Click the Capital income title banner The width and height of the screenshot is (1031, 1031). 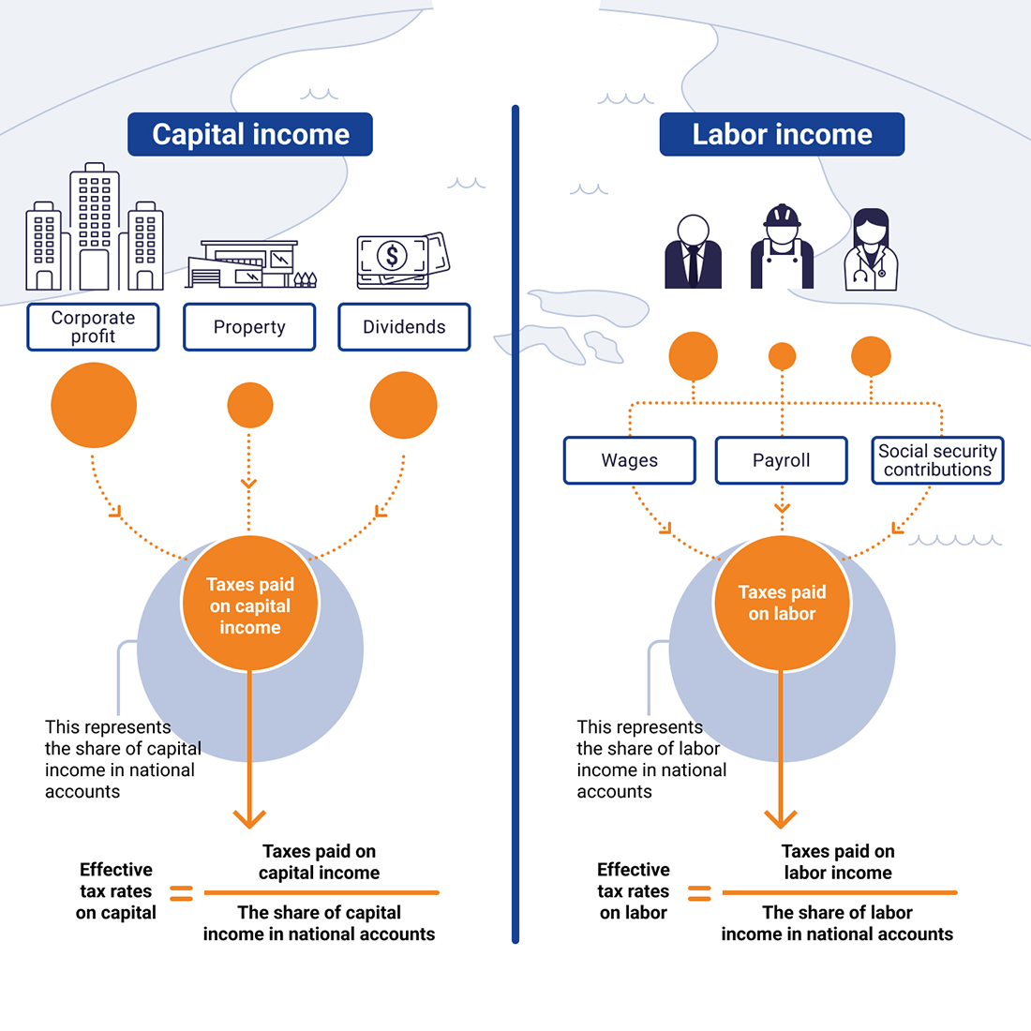point(250,134)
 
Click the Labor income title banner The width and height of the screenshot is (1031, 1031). point(782,134)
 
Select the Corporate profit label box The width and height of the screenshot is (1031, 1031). point(93,327)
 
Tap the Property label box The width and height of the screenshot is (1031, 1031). point(249,327)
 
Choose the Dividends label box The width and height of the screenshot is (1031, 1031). point(404,327)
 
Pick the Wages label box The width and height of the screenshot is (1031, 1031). point(630,460)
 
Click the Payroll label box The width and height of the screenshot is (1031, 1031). point(782,460)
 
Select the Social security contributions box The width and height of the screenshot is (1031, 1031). point(937,460)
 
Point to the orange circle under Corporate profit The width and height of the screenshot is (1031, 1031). point(94,405)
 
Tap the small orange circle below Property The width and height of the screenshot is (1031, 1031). point(250,406)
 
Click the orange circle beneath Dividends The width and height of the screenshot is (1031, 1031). point(404,405)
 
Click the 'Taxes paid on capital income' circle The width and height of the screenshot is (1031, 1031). point(250,605)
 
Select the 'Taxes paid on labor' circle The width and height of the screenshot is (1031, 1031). point(782,603)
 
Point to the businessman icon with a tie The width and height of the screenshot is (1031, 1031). point(693,252)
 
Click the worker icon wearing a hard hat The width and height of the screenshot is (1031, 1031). point(782,248)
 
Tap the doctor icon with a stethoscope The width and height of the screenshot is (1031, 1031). point(871,251)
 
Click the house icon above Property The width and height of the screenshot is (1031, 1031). point(250,264)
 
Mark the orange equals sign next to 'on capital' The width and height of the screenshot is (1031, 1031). point(181,892)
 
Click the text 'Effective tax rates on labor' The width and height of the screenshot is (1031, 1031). point(634,891)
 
